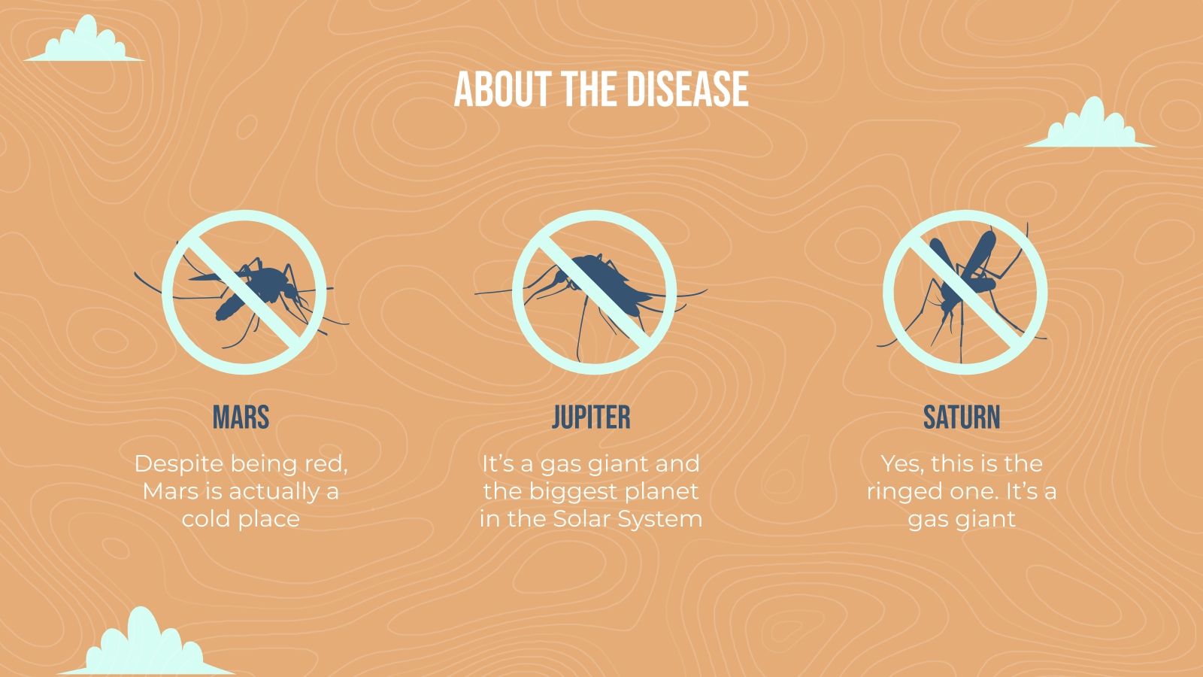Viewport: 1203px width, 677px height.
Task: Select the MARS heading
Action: [241, 417]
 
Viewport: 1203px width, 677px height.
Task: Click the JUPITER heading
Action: [591, 417]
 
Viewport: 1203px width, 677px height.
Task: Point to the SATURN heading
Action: [962, 417]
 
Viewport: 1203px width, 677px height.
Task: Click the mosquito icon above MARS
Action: [244, 292]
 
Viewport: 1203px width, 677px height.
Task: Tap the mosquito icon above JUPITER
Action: [594, 292]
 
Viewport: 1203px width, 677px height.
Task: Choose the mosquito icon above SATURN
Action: [965, 292]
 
